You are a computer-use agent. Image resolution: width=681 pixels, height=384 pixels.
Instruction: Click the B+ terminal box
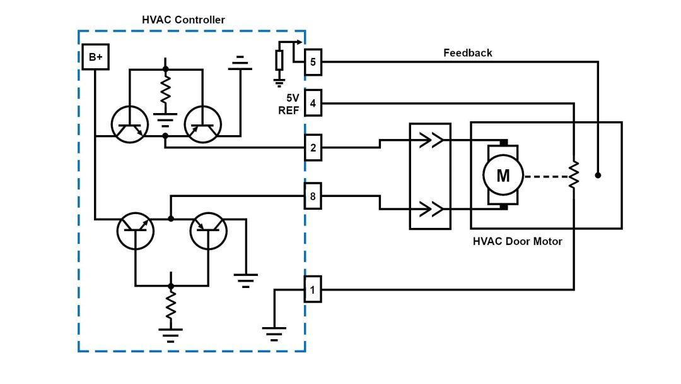tap(95, 58)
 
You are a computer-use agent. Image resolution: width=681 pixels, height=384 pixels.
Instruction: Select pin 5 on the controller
tap(313, 62)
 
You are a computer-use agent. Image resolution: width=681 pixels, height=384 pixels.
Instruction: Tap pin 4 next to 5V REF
tap(313, 102)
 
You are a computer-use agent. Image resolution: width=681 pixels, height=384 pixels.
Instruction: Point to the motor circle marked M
tap(503, 175)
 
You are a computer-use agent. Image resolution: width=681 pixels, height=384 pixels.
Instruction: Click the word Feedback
tap(468, 53)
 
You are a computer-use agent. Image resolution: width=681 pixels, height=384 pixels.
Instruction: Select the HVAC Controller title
tap(183, 20)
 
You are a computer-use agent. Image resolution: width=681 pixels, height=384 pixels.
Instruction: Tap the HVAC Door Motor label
tap(517, 241)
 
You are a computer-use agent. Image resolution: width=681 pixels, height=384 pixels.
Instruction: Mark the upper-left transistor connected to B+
tap(129, 124)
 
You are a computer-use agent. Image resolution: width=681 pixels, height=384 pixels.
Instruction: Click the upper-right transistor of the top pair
tap(202, 124)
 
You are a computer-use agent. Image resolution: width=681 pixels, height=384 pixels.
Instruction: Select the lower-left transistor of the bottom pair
tap(135, 231)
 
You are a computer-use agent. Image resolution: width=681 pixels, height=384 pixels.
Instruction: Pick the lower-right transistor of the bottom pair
tap(208, 231)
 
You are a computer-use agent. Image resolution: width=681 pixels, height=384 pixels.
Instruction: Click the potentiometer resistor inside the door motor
tap(573, 175)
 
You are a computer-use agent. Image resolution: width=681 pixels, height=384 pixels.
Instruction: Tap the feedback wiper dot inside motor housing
tap(598, 175)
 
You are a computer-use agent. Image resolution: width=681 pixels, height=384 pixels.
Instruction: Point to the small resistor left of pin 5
tap(279, 61)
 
